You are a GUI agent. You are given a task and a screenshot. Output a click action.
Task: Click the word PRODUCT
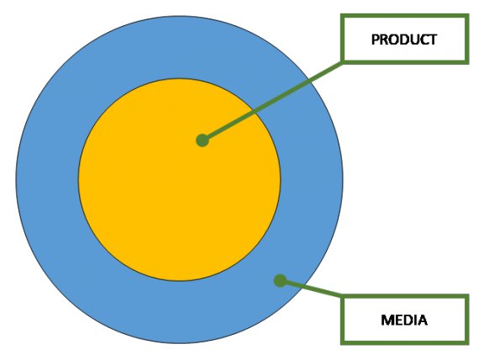(404, 40)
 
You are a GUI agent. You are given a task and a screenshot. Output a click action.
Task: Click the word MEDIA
(404, 320)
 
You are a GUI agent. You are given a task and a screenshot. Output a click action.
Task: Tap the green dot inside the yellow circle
(203, 140)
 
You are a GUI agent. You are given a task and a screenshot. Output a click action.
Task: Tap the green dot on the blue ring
(280, 281)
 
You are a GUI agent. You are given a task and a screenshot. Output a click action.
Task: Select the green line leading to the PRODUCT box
(273, 101)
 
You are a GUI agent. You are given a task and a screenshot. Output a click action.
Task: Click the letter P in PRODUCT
(375, 40)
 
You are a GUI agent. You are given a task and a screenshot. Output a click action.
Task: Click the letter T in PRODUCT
(433, 40)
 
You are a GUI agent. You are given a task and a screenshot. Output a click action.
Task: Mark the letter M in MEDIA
(387, 320)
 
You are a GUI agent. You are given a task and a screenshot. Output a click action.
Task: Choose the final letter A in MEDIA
(422, 320)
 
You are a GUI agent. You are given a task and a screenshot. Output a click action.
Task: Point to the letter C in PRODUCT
(423, 40)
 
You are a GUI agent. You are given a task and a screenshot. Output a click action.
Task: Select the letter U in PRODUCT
(414, 40)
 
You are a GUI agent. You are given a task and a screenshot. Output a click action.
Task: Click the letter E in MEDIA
(398, 320)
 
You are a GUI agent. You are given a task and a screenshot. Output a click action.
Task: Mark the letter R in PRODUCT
(384, 40)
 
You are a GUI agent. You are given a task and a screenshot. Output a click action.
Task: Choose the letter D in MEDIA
(407, 320)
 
